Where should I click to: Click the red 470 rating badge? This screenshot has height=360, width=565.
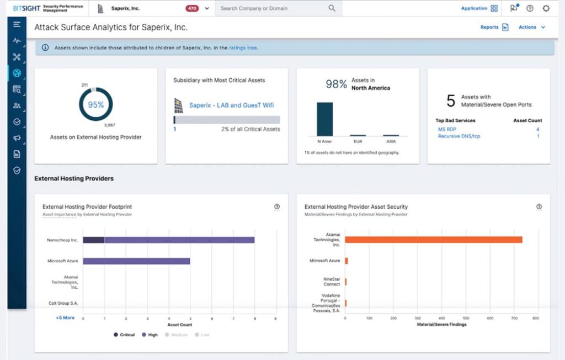[193, 8]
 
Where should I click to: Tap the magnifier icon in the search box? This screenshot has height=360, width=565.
[332, 8]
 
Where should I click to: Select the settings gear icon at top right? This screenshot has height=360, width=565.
[546, 8]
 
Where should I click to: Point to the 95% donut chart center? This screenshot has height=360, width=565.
[95, 104]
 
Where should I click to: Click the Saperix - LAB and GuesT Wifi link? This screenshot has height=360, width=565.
[231, 105]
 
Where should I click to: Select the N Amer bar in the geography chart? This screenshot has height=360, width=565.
[324, 119]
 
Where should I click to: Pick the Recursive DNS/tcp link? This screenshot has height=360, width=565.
[459, 136]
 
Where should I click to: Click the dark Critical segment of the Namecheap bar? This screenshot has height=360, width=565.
[93, 240]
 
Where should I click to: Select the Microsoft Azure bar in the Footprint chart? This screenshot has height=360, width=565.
[136, 261]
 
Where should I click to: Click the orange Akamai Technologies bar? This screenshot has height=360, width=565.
[433, 240]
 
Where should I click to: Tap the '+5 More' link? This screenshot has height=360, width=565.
[65, 318]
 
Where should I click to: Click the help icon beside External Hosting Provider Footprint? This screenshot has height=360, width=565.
[277, 207]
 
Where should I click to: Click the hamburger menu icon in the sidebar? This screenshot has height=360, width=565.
[17, 24]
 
